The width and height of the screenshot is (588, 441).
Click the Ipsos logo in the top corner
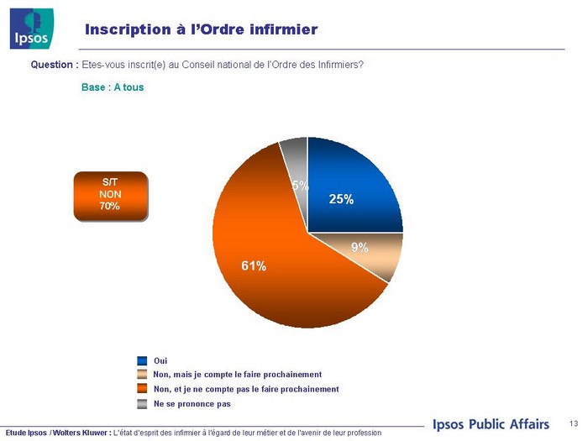(32, 28)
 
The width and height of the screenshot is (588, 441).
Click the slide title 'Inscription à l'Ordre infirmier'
(201, 30)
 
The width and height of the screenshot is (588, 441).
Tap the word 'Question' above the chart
(54, 65)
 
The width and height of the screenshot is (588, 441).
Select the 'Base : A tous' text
(113, 87)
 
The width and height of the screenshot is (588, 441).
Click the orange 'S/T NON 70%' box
(110, 195)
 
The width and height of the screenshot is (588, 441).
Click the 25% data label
(341, 199)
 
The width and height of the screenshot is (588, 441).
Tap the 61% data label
(254, 266)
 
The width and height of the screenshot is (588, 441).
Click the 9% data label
(360, 247)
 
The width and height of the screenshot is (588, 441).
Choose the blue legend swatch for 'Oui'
(143, 360)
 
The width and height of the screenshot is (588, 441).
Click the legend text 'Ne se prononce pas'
(192, 404)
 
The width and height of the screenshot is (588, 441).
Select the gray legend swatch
(143, 404)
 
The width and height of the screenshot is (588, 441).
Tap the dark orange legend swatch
(143, 389)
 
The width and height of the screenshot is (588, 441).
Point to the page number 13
(574, 423)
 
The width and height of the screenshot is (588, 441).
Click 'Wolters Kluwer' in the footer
(81, 433)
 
